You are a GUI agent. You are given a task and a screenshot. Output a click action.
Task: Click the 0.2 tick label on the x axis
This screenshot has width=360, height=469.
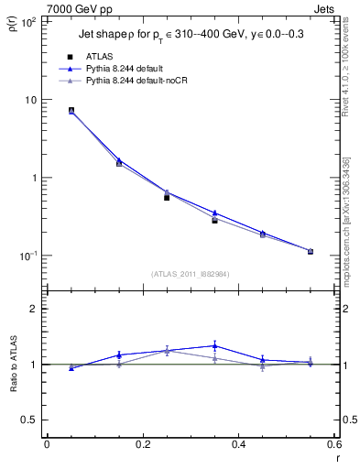coord(142,443)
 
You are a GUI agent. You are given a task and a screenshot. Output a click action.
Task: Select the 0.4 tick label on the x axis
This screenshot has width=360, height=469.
coord(238,443)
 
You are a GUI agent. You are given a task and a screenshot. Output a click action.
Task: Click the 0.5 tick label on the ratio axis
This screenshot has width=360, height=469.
coord(30,420)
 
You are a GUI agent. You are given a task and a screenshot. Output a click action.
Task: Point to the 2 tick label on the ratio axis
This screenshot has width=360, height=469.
coord(34,309)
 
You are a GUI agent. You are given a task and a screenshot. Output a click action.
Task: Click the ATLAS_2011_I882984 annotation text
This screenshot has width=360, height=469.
coord(190,273)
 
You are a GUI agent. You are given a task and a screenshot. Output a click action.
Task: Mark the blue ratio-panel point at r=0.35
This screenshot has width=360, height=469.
coord(214,345)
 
